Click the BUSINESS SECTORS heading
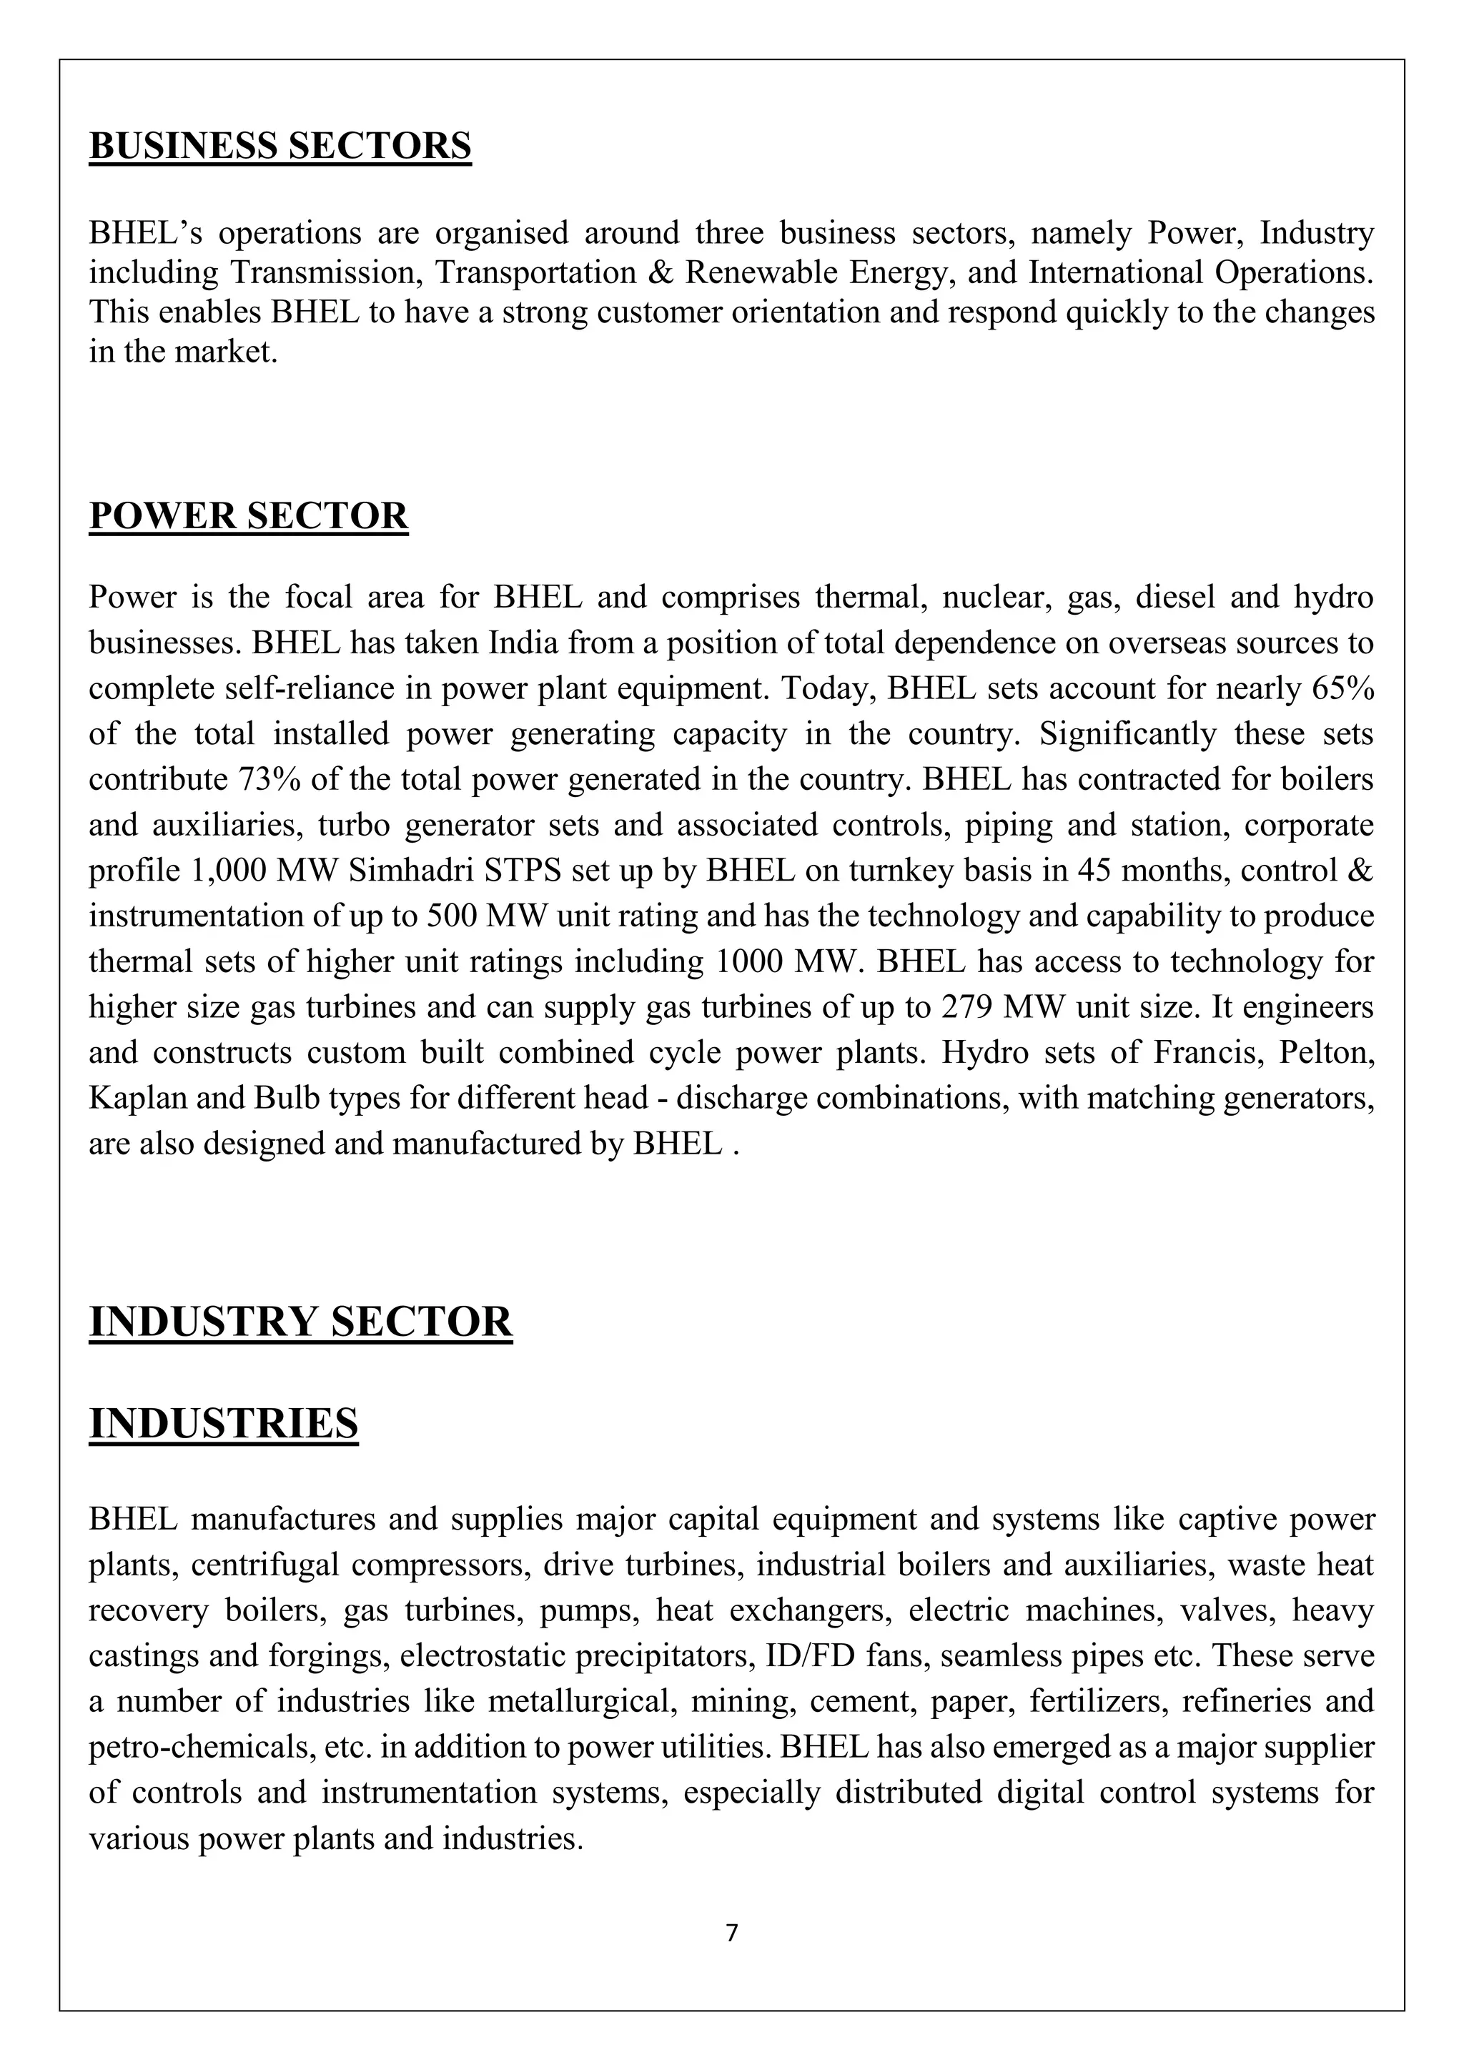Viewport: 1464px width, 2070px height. [x=280, y=146]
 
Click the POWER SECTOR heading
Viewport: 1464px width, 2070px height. [x=248, y=517]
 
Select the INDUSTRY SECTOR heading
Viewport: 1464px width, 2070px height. [x=300, y=1322]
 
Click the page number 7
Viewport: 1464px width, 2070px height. [x=731, y=1932]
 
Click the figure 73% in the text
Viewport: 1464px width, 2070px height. [x=270, y=780]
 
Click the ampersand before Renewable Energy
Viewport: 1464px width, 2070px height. [x=662, y=272]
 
